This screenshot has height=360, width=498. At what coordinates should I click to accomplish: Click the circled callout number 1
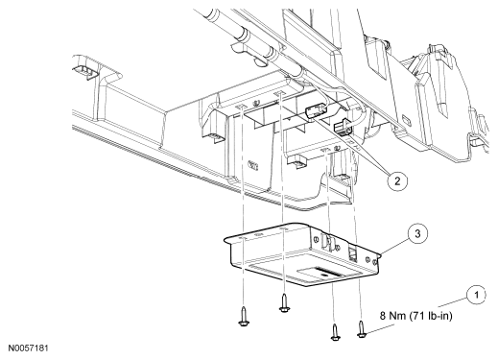pos(476,295)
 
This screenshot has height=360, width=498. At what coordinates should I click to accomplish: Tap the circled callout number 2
pos(397,181)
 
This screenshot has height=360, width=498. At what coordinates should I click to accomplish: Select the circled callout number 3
pos(417,234)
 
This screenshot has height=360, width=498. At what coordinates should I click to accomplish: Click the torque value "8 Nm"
pos(392,316)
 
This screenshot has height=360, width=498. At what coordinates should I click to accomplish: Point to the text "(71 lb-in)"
pos(430,316)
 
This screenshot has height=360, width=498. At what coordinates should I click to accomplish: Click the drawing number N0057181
pos(29,348)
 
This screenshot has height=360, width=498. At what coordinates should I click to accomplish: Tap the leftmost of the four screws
pos(244,316)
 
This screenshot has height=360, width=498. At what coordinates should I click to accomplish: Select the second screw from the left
pos(284,303)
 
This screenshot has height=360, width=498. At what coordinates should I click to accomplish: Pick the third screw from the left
pos(335,332)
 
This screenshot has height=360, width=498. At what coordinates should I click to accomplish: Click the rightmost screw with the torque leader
pos(362,329)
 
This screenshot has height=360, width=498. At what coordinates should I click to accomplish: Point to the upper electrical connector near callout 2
pos(316,112)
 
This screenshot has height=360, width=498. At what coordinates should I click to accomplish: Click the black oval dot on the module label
pos(325,275)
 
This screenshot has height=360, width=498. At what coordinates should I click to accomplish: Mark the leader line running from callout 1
pos(452,302)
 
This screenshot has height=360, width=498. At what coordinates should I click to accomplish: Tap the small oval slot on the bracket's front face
pos(253,165)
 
